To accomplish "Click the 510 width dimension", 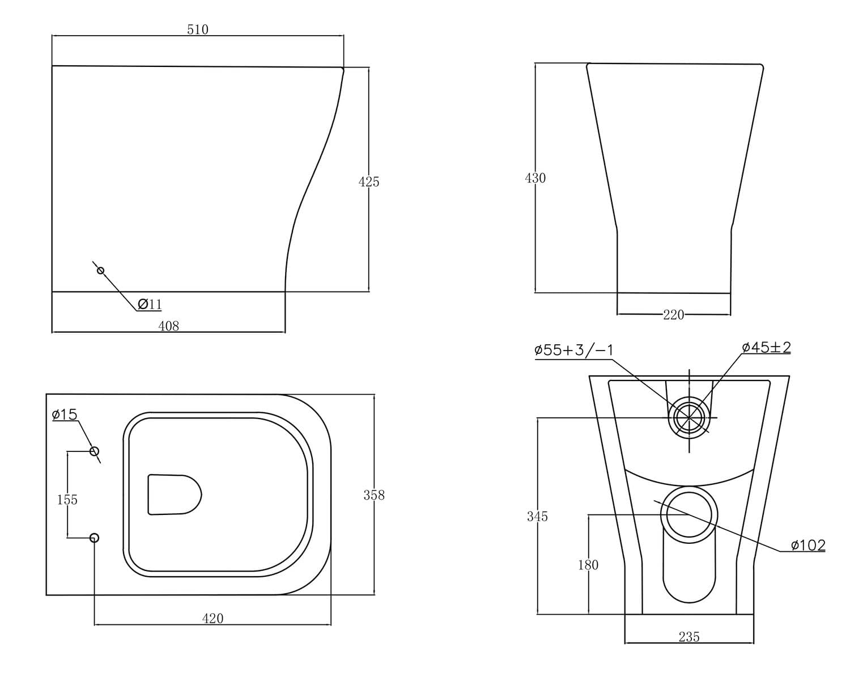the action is (x=198, y=29).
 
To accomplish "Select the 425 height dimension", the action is (x=368, y=182).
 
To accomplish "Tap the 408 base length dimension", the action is (x=169, y=326).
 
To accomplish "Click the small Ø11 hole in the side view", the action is (x=101, y=271).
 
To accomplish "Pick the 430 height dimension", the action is (x=535, y=178).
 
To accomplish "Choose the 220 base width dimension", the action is (x=673, y=315).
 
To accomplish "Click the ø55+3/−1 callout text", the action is (x=574, y=350).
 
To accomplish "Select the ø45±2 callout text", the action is (x=766, y=348).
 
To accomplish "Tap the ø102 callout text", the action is (x=808, y=546).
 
